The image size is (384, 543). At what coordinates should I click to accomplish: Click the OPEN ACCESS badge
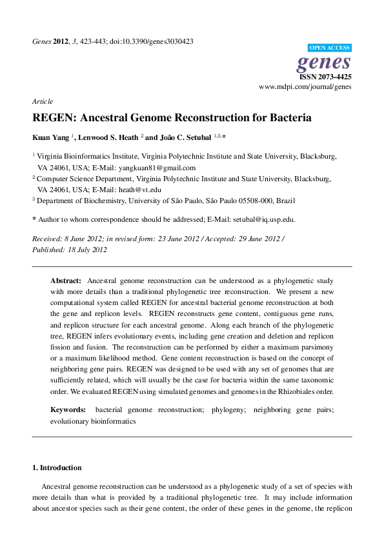click(329, 48)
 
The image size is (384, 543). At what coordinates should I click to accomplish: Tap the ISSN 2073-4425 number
click(325, 76)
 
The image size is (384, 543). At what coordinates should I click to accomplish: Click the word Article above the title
click(43, 101)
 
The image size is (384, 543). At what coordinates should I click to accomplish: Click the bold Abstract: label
click(66, 281)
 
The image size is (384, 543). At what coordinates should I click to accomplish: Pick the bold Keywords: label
click(68, 410)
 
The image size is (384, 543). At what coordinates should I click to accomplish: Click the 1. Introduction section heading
click(57, 468)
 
